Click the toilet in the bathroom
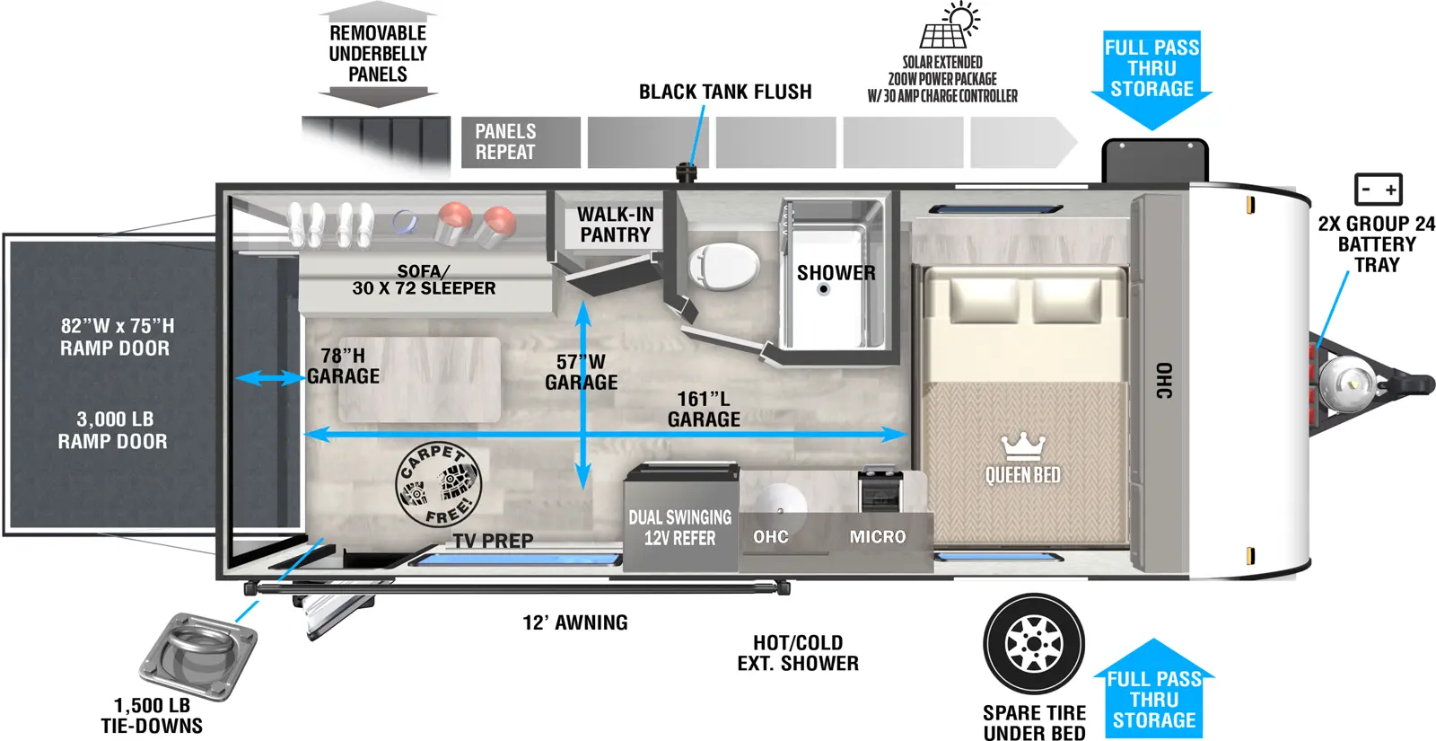[x=723, y=268]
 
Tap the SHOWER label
[x=836, y=273]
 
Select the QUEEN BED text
[x=1022, y=475]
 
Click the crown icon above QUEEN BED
[x=1023, y=445]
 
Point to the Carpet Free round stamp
[x=439, y=486]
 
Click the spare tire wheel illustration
[x=1034, y=643]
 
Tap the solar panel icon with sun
[x=949, y=27]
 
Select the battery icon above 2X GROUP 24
[x=1378, y=190]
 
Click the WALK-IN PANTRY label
[x=615, y=225]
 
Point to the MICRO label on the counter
[x=877, y=537]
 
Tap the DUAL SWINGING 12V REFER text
[x=679, y=528]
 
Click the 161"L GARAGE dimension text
[x=704, y=409]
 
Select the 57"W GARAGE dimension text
[x=582, y=372]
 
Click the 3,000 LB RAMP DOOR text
[x=114, y=430]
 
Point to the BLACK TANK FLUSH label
[x=725, y=92]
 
